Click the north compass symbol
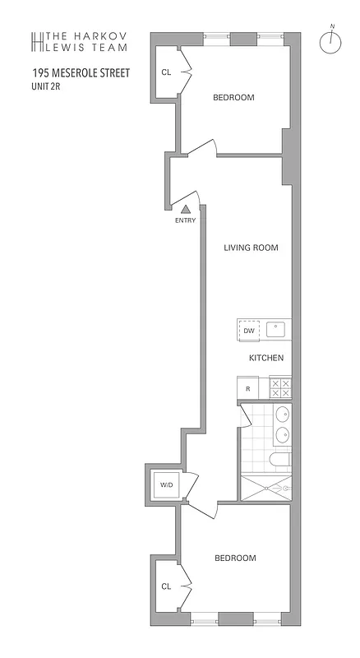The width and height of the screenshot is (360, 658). (x=332, y=44)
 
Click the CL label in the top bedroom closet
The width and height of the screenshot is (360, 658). (x=166, y=72)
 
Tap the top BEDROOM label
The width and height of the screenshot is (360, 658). (x=233, y=97)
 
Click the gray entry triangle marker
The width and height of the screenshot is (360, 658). (x=186, y=210)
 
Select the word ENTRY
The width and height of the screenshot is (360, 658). (x=186, y=220)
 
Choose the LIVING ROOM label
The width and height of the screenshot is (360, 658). (x=251, y=247)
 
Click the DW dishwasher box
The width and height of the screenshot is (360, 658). (x=248, y=330)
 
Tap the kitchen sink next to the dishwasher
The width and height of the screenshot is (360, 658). (x=278, y=330)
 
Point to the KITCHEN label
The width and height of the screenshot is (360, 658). (x=266, y=359)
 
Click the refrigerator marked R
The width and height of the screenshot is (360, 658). (x=247, y=387)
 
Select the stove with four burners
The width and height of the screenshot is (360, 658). (x=279, y=387)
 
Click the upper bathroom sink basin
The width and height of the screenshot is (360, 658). (x=282, y=415)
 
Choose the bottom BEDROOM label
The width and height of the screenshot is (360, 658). (x=235, y=558)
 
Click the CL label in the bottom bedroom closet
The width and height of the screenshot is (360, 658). (x=166, y=586)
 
